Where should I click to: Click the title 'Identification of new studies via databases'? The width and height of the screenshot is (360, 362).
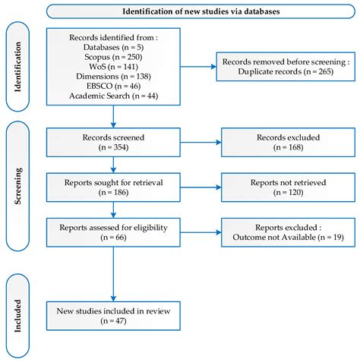[x=201, y=11]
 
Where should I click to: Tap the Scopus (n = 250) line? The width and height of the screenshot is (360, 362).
[x=113, y=57]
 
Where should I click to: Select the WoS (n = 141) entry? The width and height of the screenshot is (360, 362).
[x=113, y=67]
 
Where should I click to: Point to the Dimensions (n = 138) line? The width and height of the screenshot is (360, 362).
[x=113, y=76]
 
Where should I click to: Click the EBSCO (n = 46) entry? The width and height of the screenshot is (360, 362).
[x=113, y=86]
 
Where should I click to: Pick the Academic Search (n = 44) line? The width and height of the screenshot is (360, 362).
[x=113, y=96]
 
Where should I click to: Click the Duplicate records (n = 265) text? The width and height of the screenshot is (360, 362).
[x=286, y=71]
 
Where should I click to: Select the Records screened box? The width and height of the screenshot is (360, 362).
[x=113, y=142]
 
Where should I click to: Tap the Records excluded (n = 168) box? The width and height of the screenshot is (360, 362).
[x=288, y=142]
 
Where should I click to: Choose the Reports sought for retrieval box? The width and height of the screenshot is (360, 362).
[x=113, y=187]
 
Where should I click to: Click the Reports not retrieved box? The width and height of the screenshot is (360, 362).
[x=288, y=187]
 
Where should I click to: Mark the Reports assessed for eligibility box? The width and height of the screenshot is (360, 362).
[x=113, y=232]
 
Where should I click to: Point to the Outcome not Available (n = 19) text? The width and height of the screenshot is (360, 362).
[x=288, y=238]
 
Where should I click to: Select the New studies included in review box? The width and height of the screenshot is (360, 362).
[x=113, y=316]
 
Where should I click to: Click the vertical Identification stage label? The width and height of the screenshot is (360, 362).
[x=17, y=67]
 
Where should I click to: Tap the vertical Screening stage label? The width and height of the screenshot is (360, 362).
[x=17, y=186]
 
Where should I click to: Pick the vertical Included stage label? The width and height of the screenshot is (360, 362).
[x=17, y=316]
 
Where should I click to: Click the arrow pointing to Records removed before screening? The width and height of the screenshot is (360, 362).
[x=198, y=67]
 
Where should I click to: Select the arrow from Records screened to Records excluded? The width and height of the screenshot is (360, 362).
[x=201, y=142]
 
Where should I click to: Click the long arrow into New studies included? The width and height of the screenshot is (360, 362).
[x=113, y=274]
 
